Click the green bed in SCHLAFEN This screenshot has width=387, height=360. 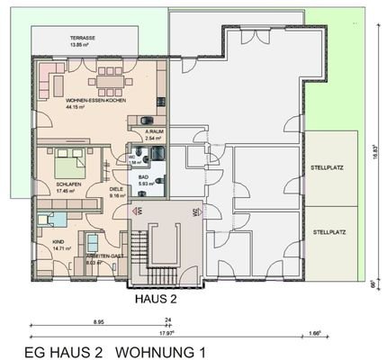point(71,166)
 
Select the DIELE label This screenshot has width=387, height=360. point(115,188)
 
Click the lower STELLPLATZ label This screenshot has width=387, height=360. point(329,231)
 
